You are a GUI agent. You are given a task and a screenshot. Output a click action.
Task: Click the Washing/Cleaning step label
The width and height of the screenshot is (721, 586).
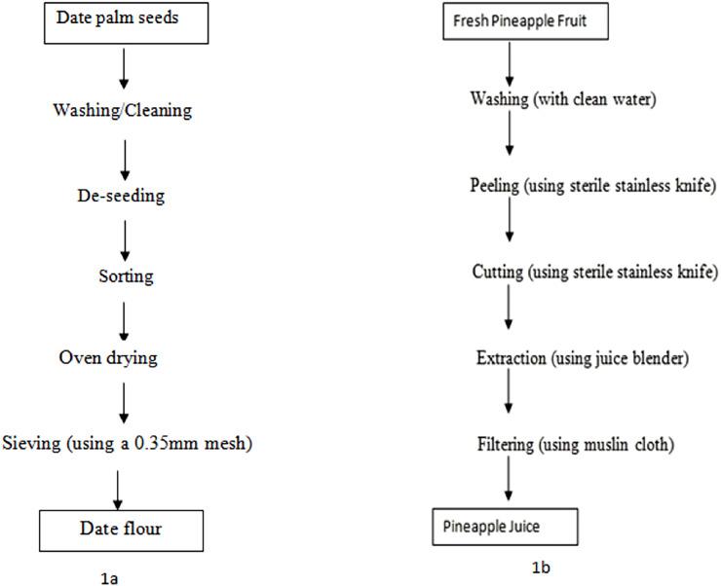click(x=121, y=110)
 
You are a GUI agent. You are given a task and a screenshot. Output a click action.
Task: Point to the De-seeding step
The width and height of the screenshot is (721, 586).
click(x=121, y=196)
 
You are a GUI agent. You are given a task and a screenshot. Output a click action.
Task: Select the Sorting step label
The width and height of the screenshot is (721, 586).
click(x=126, y=276)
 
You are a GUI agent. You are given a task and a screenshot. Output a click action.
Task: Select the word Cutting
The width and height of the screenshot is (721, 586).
click(x=497, y=270)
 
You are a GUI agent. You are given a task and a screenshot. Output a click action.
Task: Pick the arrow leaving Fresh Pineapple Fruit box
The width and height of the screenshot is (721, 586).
click(x=509, y=63)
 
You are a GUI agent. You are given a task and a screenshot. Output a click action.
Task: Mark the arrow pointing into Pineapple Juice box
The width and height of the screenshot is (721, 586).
click(x=508, y=482)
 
